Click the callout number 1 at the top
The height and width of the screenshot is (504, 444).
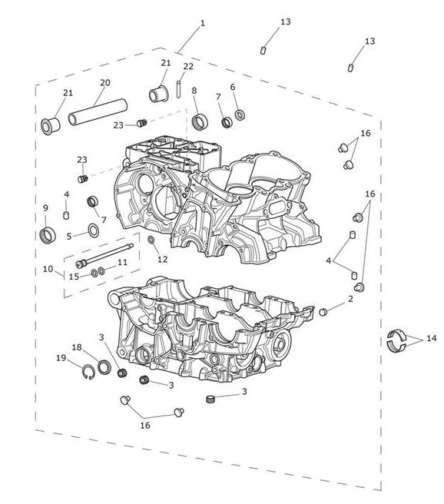(202, 23)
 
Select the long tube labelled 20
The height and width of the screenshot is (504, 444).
(98, 111)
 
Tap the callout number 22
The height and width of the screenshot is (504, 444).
(188, 66)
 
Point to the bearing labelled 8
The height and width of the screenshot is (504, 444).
(200, 121)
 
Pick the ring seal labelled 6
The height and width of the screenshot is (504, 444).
(240, 114)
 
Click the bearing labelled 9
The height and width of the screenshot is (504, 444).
(48, 234)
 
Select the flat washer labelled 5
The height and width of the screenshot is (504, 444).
(94, 230)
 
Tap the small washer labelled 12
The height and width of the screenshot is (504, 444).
(151, 240)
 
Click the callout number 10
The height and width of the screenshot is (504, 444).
(48, 269)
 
